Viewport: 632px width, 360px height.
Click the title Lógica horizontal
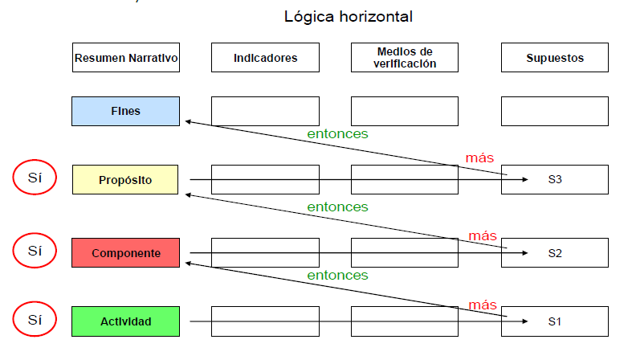click(x=349, y=16)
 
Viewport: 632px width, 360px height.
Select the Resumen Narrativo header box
click(x=125, y=58)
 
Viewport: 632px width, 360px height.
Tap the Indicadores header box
click(x=265, y=58)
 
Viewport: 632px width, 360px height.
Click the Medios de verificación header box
click(x=405, y=58)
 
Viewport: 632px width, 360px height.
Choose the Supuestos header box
click(x=554, y=58)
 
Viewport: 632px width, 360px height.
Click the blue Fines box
click(x=125, y=111)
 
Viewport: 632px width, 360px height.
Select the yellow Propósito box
click(x=125, y=180)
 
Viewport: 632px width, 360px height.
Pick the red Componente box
click(x=125, y=253)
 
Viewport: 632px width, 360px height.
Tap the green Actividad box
click(x=125, y=321)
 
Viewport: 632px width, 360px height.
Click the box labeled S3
click(x=554, y=180)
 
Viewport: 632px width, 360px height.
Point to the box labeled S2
click(x=554, y=253)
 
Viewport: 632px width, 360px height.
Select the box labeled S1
click(x=554, y=321)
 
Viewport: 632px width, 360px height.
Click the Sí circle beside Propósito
click(x=35, y=178)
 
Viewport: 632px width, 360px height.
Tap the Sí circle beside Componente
click(x=35, y=251)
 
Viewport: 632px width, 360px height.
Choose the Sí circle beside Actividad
click(x=35, y=319)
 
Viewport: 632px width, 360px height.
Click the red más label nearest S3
click(x=479, y=157)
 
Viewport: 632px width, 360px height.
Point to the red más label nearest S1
click(x=483, y=305)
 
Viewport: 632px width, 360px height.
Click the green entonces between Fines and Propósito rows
click(x=337, y=134)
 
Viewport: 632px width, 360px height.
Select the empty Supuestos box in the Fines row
click(x=554, y=111)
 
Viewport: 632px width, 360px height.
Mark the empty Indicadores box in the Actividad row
click(x=265, y=321)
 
